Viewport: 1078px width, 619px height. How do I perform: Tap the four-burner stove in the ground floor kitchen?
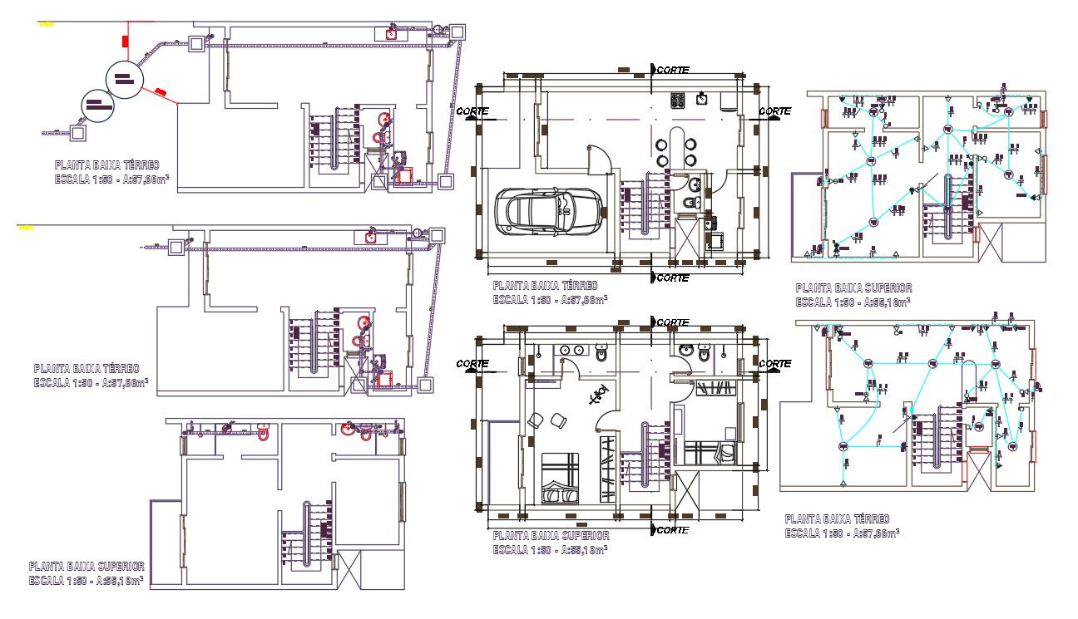click(x=678, y=101)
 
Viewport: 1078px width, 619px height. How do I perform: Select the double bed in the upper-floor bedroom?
click(x=560, y=479)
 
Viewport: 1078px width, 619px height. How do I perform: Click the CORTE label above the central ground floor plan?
click(x=672, y=71)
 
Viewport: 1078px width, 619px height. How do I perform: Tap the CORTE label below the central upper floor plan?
click(x=672, y=530)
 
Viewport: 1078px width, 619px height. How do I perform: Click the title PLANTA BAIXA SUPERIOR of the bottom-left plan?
click(x=87, y=567)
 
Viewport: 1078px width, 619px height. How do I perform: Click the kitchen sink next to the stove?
click(x=703, y=100)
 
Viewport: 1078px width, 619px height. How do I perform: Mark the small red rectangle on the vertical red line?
click(x=125, y=39)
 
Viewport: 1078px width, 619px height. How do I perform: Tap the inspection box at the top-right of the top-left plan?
click(x=455, y=32)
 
